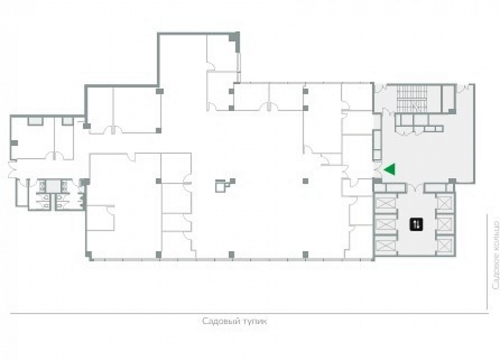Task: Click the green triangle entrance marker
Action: point(391,169)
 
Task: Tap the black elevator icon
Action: point(416,224)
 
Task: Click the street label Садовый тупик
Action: point(235,321)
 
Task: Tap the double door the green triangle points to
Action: point(377,169)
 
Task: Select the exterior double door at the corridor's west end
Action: point(12,169)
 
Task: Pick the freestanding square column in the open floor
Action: point(305,181)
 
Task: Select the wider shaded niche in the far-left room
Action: point(35,121)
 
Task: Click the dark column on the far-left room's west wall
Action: point(14,143)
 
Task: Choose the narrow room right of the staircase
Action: point(448,98)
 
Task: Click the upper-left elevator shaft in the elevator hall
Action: point(385,203)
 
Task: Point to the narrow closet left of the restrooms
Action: point(23,192)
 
